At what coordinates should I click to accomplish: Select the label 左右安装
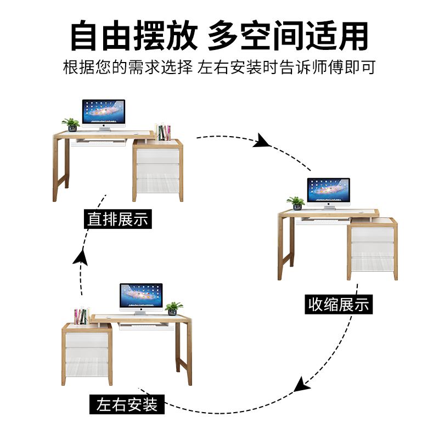click(127, 405)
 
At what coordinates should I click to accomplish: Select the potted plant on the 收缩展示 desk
click(296, 203)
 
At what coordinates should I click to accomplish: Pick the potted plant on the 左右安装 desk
click(175, 308)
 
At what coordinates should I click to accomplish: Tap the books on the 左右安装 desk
click(81, 316)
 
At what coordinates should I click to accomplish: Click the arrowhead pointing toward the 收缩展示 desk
click(262, 141)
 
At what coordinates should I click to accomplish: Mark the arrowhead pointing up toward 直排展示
click(81, 256)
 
